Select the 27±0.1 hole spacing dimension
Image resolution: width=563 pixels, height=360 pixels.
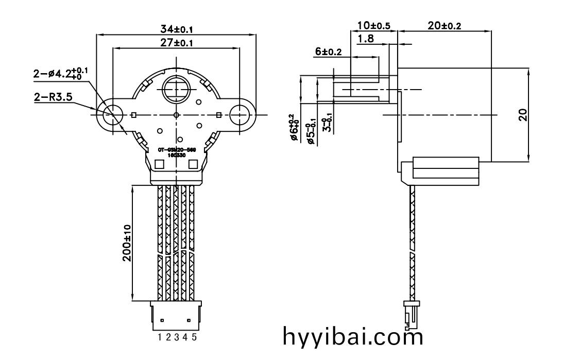[176, 43]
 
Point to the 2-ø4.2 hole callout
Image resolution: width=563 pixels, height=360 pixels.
[60, 74]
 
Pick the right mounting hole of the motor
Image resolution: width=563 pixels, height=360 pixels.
[240, 114]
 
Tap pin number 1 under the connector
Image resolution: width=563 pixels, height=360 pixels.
[161, 337]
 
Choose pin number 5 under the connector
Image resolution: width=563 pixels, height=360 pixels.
[194, 337]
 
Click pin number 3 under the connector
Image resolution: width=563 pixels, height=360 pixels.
[177, 337]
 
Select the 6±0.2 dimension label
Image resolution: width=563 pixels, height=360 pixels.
[328, 51]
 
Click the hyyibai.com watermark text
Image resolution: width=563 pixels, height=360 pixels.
[353, 337]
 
